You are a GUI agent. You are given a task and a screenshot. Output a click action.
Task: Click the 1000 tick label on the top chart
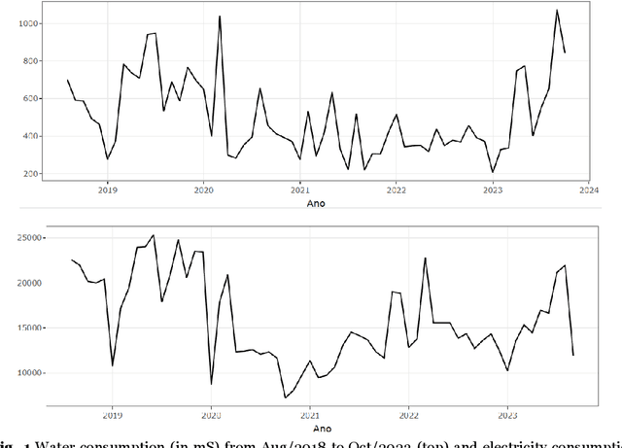26,23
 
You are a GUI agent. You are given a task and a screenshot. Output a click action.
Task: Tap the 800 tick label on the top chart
29,61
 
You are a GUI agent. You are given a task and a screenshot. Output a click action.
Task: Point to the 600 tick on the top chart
29,99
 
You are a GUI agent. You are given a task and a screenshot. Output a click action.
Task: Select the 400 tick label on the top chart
29,136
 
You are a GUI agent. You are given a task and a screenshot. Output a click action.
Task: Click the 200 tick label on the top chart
29,174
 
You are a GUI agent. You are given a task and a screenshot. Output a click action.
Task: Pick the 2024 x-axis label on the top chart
587,191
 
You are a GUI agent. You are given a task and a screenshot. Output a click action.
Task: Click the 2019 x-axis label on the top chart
108,191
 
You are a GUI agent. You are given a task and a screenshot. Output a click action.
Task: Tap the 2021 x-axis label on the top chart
300,191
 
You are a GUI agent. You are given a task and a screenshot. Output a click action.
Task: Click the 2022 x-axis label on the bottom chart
408,412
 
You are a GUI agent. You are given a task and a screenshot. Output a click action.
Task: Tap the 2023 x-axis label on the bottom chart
506,412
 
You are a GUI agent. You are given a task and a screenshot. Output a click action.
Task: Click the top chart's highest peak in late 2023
556,11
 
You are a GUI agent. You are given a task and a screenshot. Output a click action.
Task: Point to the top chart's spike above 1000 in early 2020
220,17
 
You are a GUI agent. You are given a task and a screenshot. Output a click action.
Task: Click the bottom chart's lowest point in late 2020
286,397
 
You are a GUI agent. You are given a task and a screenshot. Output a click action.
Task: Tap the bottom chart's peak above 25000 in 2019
153,235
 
